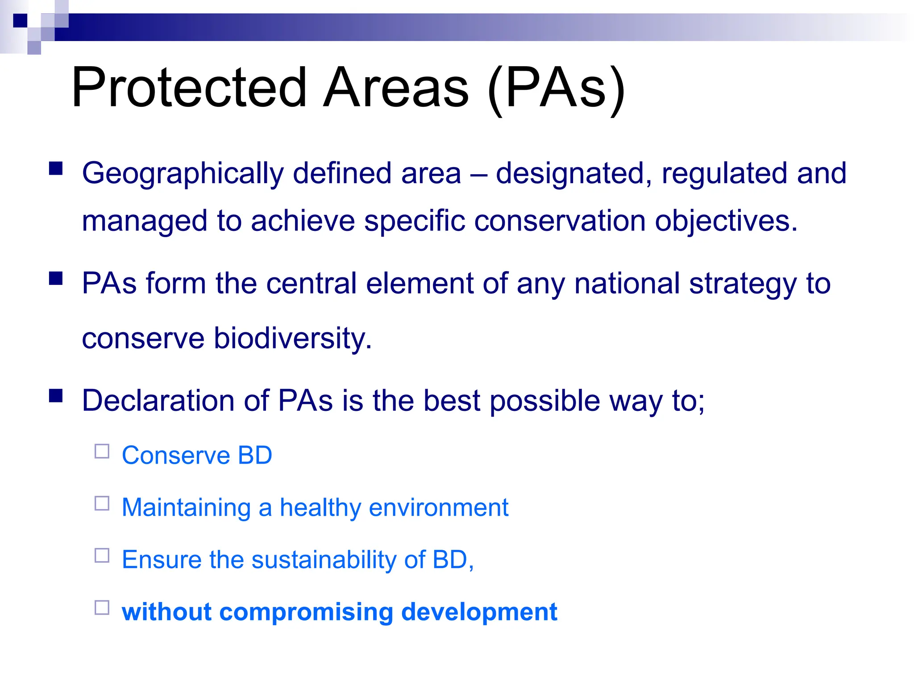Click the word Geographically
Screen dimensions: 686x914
pos(183,174)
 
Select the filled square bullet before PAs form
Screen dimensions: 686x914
pos(56,278)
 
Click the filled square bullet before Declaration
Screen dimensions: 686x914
pos(56,396)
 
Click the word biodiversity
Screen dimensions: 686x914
pos(292,338)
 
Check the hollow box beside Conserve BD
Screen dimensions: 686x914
pos(102,452)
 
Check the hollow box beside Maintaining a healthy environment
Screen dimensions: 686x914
pos(102,503)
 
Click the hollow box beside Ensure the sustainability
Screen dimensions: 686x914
pos(102,556)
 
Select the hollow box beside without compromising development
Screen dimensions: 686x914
pos(102,608)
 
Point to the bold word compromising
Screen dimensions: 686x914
pos(306,612)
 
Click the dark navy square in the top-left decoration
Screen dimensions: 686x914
pos(20,21)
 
